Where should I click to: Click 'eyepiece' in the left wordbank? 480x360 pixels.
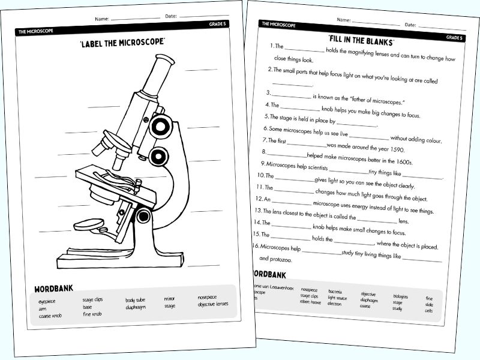click(x=47, y=302)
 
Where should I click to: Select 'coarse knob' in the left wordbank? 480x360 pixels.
click(x=50, y=316)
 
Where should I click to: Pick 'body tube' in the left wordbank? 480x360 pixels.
click(x=135, y=299)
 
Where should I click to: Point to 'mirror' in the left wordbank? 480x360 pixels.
click(x=170, y=298)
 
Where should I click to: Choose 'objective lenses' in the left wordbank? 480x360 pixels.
click(x=212, y=304)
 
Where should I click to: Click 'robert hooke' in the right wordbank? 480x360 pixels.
click(x=310, y=302)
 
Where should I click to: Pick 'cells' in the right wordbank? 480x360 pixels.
click(x=428, y=311)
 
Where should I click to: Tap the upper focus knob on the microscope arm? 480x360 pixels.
click(x=160, y=125)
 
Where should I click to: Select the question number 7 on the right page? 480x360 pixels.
click(x=263, y=140)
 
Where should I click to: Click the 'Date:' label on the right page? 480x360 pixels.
click(x=410, y=25)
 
